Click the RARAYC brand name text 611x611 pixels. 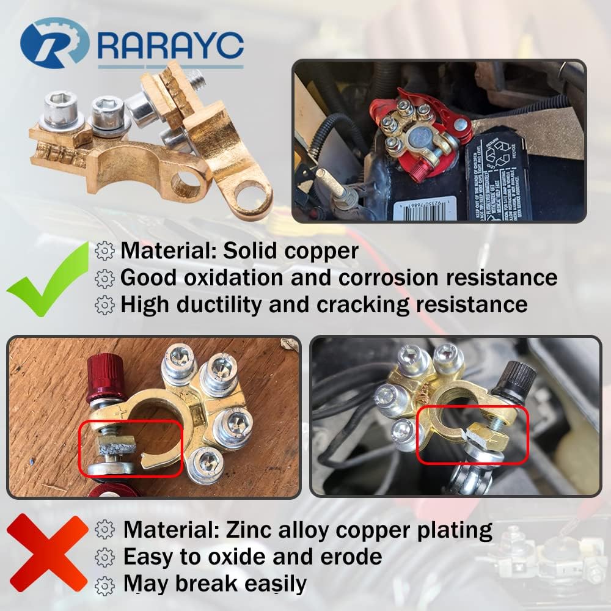point(170,45)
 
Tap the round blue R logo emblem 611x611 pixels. point(54,43)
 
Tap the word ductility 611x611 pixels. point(219,304)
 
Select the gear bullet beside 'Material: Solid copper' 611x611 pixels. point(105,251)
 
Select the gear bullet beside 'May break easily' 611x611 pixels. point(105,585)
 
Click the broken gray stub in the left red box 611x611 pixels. point(115,445)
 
